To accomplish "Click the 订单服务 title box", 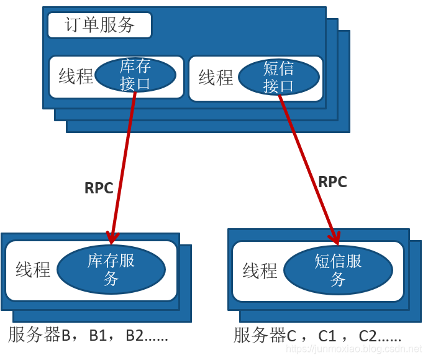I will [99, 25].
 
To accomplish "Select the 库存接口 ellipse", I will [135, 75].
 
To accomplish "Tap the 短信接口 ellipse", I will [278, 77].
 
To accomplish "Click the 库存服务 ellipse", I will [111, 269].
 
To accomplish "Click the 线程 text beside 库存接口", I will [76, 77].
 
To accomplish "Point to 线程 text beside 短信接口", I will [216, 78].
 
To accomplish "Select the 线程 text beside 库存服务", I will [33, 270].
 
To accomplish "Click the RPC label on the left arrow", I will [99, 188].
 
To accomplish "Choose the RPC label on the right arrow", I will [332, 182].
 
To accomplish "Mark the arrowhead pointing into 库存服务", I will [112, 238].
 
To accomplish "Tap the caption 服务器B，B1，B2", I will [88, 336].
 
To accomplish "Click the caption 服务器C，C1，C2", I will [317, 336].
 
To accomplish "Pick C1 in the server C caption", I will [327, 336].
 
